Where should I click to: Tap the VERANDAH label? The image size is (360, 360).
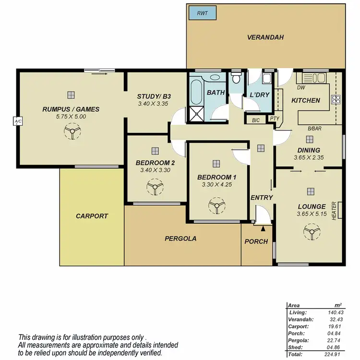265,37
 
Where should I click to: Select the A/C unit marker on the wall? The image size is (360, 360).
18,122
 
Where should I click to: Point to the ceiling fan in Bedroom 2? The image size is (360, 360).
155,188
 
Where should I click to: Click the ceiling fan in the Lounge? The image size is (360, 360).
312,233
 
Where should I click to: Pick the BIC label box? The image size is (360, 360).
255,120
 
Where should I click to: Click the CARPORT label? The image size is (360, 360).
92,216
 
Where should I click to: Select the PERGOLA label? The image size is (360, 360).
180,238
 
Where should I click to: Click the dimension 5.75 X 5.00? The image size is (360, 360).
71,117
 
